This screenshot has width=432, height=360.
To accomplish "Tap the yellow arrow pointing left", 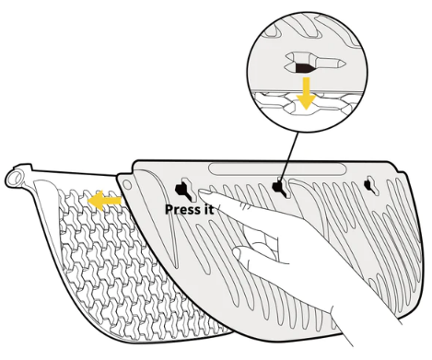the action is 104,201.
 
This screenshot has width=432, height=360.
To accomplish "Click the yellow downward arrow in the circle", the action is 306,93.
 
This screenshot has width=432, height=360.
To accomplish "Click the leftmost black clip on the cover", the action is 182,190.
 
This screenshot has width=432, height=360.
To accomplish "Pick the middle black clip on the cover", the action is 279,186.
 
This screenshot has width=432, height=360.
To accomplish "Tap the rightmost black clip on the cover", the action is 368,185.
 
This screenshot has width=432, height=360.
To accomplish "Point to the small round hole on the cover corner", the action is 127,185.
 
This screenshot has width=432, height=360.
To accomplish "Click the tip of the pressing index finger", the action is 202,192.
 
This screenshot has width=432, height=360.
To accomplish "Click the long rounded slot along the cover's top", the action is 277,169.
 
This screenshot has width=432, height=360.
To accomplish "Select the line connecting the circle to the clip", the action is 289,157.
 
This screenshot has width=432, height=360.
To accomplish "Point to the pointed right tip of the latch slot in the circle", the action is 345,64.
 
